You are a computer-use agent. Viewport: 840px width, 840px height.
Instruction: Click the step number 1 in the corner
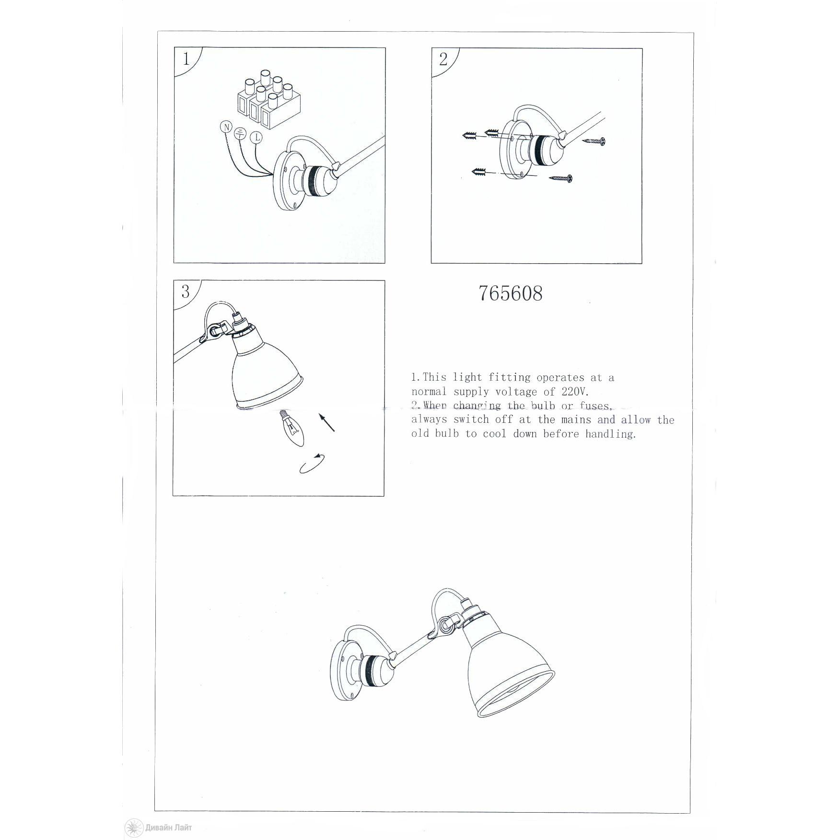(x=186, y=59)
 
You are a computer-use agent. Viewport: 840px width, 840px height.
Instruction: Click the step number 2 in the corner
(x=443, y=59)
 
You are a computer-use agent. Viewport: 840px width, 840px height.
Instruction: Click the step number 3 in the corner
(x=185, y=292)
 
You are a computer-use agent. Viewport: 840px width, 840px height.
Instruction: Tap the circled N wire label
(x=225, y=127)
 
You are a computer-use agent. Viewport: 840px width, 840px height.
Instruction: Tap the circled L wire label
(x=257, y=138)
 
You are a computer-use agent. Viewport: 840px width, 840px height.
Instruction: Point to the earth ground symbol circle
(x=240, y=135)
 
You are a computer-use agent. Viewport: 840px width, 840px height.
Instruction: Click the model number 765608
(x=511, y=293)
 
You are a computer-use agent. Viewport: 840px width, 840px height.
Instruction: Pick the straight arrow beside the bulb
(x=327, y=423)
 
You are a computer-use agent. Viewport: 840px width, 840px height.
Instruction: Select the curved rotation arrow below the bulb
(x=311, y=464)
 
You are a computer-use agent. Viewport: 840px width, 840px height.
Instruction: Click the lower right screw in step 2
(x=561, y=178)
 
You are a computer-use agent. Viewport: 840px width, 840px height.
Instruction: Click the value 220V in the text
(x=575, y=392)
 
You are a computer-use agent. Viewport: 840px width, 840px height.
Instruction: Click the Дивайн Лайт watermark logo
(x=158, y=828)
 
